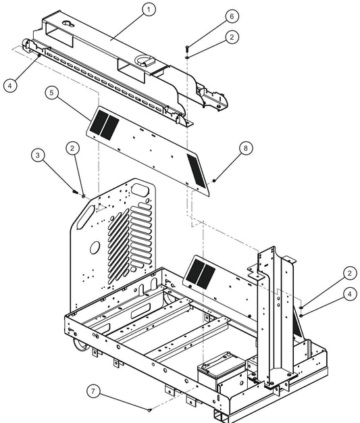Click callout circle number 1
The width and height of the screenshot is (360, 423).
point(149,9)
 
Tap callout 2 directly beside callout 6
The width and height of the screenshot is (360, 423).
point(232,37)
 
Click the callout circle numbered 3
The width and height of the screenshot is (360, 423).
point(39,156)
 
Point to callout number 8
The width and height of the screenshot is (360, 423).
point(246,147)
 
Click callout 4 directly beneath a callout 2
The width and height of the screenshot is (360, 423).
point(349,294)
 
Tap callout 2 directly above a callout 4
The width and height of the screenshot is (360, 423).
point(349,273)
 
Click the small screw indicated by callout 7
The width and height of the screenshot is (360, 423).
point(149,409)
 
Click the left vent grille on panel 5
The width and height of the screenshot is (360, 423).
point(105,122)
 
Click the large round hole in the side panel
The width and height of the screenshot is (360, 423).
point(95,247)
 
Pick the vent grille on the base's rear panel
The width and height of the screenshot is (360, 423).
point(201,272)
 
